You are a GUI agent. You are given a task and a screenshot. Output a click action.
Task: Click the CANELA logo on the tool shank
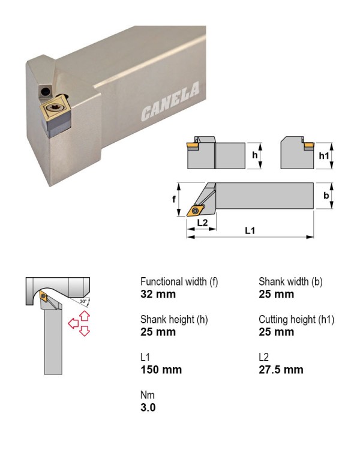pyautogui.click(x=170, y=101)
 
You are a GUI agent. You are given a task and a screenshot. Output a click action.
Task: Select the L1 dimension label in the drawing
pyautogui.click(x=250, y=230)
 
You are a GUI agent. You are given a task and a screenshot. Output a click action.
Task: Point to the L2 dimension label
pyautogui.click(x=202, y=223)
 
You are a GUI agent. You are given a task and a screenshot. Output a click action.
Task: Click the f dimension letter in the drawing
pyautogui.click(x=174, y=199)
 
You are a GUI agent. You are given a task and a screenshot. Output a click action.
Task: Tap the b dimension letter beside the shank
pyautogui.click(x=326, y=196)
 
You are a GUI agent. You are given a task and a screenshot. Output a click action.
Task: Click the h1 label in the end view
pyautogui.click(x=324, y=155)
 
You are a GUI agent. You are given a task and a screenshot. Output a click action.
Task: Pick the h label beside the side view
pyautogui.click(x=254, y=155)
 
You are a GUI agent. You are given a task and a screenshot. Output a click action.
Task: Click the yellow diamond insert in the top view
pyautogui.click(x=196, y=210)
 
